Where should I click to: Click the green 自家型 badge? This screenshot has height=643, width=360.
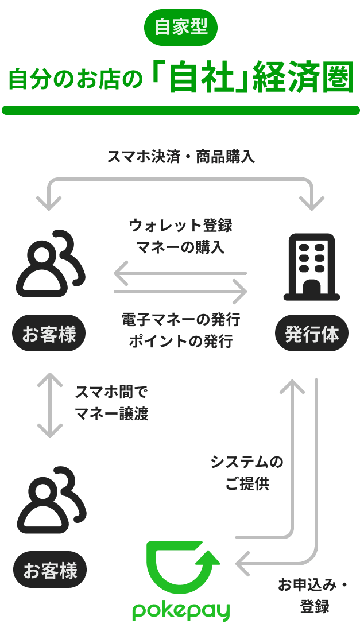(180, 27)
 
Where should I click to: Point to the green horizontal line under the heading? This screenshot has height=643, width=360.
(180, 110)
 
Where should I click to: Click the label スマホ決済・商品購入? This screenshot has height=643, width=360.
(180, 157)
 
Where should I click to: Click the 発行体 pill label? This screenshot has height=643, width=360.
(312, 334)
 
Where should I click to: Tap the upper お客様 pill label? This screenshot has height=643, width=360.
(49, 334)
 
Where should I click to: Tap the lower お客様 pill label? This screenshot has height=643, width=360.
(49, 570)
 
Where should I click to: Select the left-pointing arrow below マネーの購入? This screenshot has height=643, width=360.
(180, 273)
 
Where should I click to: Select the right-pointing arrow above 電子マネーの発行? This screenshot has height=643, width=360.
(180, 292)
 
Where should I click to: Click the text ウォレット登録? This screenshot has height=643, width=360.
(180, 226)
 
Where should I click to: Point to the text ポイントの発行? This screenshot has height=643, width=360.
(180, 342)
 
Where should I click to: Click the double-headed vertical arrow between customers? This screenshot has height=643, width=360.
(50, 405)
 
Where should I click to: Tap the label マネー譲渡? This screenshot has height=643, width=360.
(111, 414)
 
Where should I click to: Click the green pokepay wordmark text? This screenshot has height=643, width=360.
(181, 610)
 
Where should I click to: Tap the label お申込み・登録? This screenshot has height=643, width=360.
(313, 595)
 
